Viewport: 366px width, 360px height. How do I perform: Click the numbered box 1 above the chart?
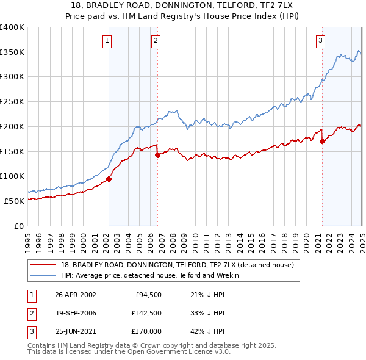coord(107,41)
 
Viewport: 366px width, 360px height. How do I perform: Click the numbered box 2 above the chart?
coord(156,41)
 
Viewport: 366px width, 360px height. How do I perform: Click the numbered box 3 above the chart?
coord(320,41)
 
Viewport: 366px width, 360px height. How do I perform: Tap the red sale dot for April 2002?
coord(109,179)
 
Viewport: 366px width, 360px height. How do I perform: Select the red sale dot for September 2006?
coord(157,155)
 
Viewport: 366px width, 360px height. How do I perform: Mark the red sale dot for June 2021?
coord(322,142)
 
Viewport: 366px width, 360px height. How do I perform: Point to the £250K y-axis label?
coord(12,101)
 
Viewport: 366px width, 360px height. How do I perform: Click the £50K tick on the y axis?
coord(15,201)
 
